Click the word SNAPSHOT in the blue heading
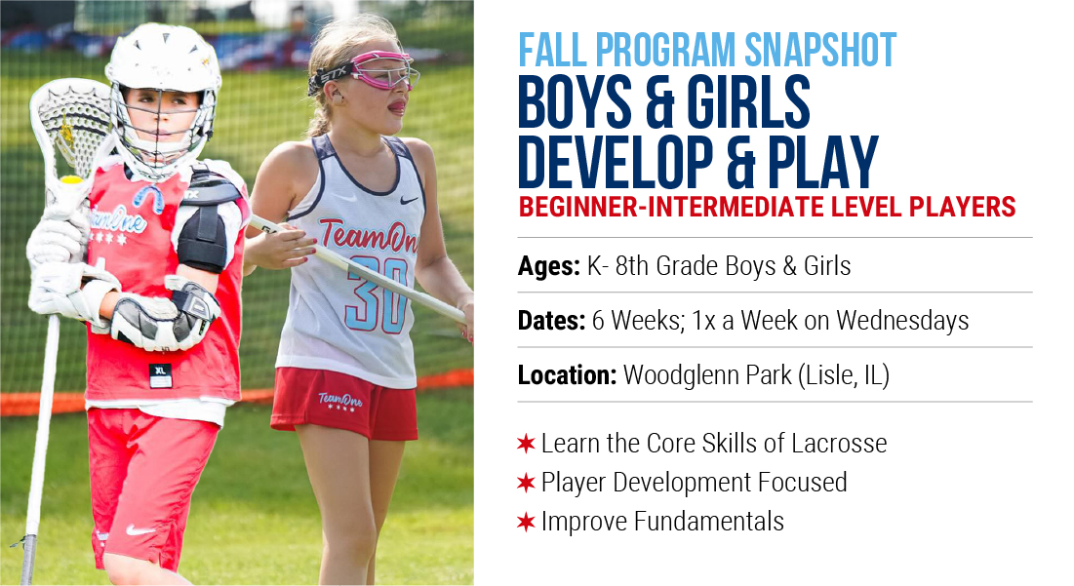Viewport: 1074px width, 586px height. [x=819, y=50]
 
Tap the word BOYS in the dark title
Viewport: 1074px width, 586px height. [x=575, y=101]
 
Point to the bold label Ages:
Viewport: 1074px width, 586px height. [x=549, y=266]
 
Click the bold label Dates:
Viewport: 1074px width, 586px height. [x=551, y=321]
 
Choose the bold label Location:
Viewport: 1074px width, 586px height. [x=568, y=375]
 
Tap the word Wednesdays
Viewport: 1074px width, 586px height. [x=902, y=321]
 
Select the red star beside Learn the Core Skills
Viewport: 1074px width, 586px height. [x=526, y=444]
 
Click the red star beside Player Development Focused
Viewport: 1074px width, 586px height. [x=526, y=483]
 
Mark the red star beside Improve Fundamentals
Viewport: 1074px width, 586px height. [x=526, y=523]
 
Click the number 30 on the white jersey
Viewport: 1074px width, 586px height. [x=378, y=295]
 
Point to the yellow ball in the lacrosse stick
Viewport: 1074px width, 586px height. [x=71, y=180]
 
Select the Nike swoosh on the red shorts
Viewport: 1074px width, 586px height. [x=140, y=529]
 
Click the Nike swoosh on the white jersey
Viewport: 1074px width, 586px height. [x=409, y=201]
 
